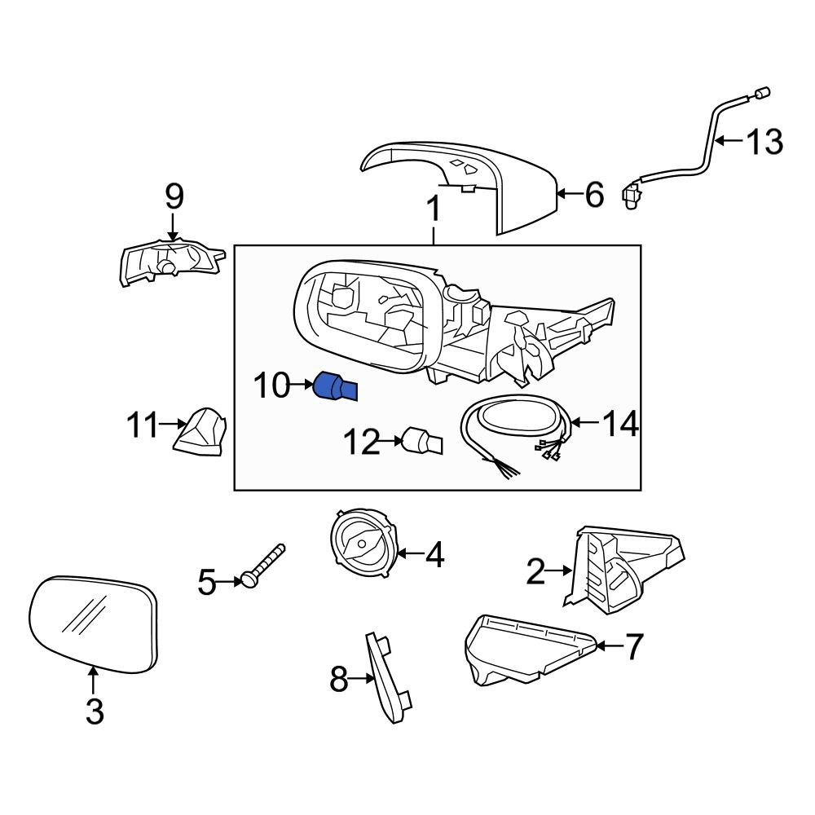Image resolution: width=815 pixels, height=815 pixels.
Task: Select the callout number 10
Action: (x=271, y=386)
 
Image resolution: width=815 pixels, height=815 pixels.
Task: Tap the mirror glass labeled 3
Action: (x=92, y=624)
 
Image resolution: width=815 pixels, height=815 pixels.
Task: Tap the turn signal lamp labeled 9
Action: (x=169, y=260)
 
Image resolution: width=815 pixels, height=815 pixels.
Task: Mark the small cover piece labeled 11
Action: (x=200, y=432)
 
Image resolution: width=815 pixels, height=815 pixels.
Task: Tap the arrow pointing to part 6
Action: (x=567, y=194)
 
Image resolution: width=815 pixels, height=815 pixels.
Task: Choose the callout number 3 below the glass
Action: (x=95, y=711)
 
